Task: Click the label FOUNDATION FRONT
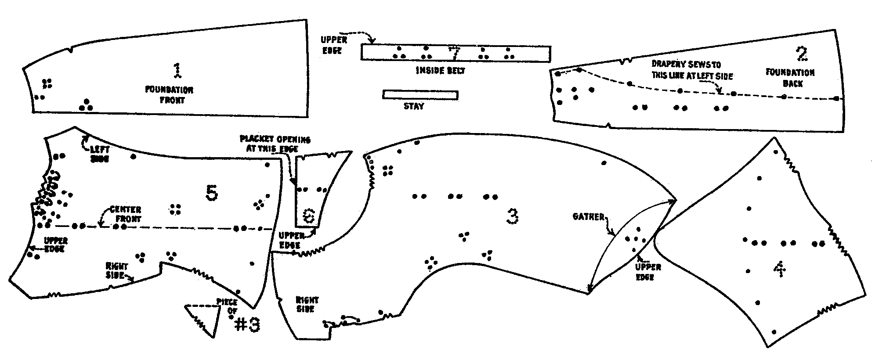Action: [x=169, y=95]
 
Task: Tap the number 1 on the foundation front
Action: [x=177, y=71]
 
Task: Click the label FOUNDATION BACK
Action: [x=790, y=78]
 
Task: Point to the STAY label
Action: [x=414, y=106]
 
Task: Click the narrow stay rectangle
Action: [x=420, y=95]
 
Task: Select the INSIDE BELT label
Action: [x=440, y=70]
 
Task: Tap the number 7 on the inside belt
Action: [x=455, y=53]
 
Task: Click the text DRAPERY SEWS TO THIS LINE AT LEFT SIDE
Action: [x=692, y=70]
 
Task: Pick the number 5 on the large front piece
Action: [x=212, y=193]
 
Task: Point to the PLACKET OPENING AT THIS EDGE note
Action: [x=275, y=144]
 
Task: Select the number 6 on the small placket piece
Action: [x=310, y=216]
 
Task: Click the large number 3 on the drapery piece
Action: [x=512, y=216]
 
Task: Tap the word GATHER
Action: [x=589, y=217]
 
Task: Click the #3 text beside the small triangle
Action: [x=248, y=325]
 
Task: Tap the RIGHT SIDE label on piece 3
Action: [x=307, y=305]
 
